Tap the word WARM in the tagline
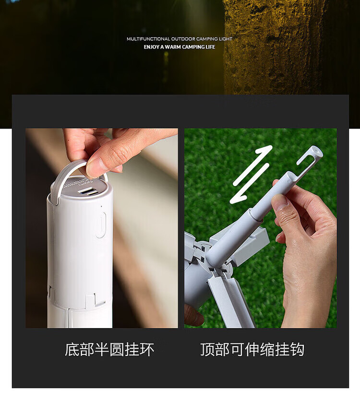click(172, 47)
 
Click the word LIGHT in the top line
click(226, 39)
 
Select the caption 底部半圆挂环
click(109, 350)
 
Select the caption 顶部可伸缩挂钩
click(252, 350)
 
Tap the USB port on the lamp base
click(88, 191)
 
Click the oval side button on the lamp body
click(100, 224)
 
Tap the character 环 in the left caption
click(147, 350)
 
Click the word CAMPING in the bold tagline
click(192, 47)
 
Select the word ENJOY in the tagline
click(151, 47)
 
